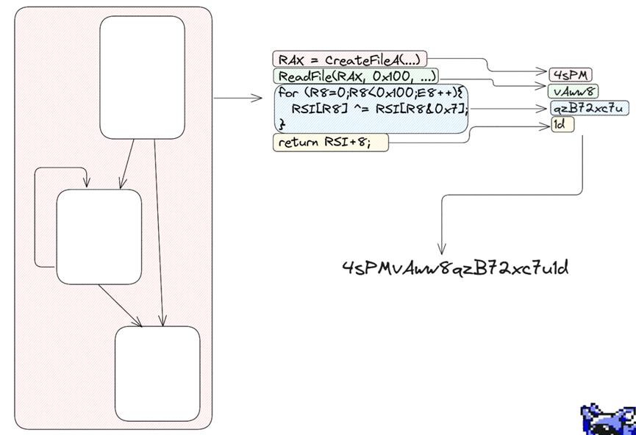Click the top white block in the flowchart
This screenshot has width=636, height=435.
click(x=142, y=77)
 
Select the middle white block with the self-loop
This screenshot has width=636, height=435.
click(x=99, y=237)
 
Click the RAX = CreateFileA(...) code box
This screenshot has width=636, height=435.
click(x=349, y=60)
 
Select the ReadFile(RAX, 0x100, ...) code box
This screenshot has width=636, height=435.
click(x=356, y=76)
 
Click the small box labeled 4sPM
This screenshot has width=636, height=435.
click(x=571, y=74)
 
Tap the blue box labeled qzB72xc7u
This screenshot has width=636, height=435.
click(x=590, y=108)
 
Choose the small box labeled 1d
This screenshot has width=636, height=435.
click(x=562, y=125)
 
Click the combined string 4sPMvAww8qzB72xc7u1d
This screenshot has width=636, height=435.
click(x=455, y=267)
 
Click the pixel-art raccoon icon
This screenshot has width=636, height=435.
click(x=608, y=419)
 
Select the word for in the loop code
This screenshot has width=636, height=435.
click(x=287, y=93)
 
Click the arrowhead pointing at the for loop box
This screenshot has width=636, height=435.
click(x=257, y=98)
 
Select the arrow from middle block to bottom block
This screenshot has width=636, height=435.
click(x=119, y=305)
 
